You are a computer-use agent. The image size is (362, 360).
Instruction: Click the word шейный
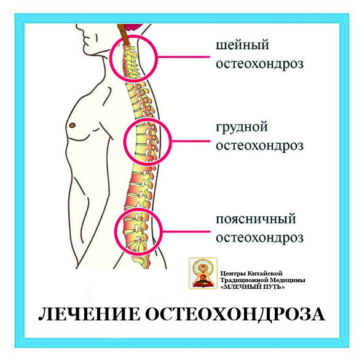point(242,45)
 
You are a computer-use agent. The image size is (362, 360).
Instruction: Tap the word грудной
point(242,128)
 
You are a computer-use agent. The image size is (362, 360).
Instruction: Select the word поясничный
point(256,219)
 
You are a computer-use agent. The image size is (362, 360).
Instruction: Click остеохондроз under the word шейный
point(259,64)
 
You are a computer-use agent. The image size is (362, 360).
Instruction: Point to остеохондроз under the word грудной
point(259,146)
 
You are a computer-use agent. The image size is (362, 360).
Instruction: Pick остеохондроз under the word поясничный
point(259,238)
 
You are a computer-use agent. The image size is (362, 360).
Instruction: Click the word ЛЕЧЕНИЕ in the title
point(89,314)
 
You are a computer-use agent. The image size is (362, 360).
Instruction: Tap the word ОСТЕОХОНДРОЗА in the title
point(235,315)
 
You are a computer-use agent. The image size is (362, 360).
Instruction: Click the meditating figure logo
point(203,273)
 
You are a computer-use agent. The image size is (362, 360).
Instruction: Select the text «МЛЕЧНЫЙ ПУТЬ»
point(253,287)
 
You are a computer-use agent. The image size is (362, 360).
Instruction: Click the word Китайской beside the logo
point(265,274)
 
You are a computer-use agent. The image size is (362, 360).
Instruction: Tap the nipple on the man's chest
point(73,125)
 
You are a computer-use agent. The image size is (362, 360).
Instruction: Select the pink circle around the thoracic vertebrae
point(171,141)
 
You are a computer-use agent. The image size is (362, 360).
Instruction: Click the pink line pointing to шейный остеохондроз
point(184,57)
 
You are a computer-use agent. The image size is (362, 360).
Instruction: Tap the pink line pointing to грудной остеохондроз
point(191,141)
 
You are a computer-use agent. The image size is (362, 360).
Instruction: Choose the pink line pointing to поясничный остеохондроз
point(186,232)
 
